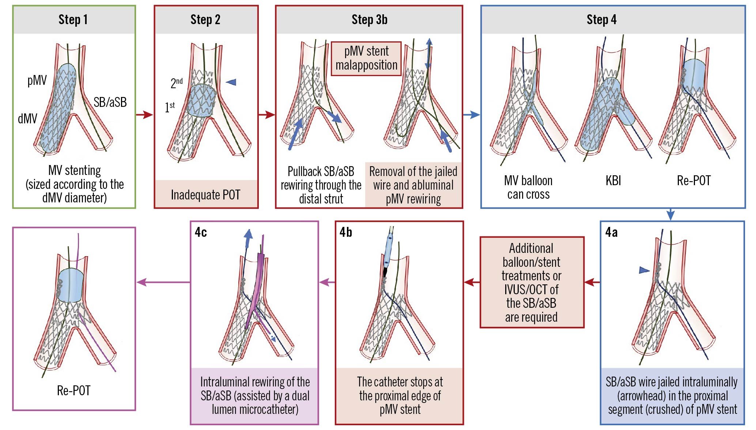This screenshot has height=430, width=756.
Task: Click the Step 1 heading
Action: pos(73,20)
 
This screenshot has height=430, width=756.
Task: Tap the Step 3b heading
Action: pos(369,20)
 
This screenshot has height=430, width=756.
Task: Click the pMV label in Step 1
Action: pos(37,80)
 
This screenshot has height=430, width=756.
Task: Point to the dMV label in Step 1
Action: pos(27,119)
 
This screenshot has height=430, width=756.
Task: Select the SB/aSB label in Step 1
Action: pos(110,102)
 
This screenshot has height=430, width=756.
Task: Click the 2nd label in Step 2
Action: pos(177,83)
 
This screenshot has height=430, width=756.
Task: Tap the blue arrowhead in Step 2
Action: pos(231,82)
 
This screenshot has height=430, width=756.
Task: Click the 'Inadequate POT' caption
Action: pos(205,195)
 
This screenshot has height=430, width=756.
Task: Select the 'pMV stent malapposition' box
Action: pos(366,58)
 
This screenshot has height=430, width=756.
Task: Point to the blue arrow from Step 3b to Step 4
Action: pos(472,115)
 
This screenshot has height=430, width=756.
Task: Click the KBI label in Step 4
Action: pos(613,180)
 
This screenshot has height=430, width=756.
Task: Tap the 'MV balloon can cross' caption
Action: pos(528,187)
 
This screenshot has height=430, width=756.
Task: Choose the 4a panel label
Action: pos(611,232)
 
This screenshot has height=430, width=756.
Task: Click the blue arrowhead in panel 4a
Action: pos(644,270)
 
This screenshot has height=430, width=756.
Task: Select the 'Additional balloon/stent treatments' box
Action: pos(532,282)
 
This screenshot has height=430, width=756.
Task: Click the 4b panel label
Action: pos(345,232)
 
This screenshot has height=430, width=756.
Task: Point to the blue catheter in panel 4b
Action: pos(388,249)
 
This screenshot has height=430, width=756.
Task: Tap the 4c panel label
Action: pos(201,232)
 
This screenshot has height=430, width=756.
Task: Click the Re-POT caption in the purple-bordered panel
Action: pos(73,390)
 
